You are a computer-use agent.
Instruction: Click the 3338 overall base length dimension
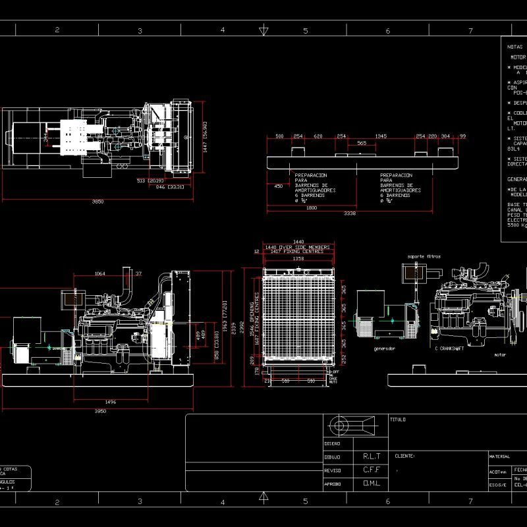pos(350,213)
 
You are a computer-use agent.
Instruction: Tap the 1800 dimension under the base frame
pos(311,208)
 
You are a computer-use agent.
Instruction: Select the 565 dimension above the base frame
pos(362,143)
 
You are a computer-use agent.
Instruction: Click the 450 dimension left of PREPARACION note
pos(278,186)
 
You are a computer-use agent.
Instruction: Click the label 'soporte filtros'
pos(424,256)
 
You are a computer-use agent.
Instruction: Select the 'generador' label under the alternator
pos(383,348)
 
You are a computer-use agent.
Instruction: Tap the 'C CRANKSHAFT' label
pos(450,348)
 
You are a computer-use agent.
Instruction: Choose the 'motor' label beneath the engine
pos(500,354)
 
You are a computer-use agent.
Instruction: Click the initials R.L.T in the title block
pos(372,456)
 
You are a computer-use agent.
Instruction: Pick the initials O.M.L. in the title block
pos(372,484)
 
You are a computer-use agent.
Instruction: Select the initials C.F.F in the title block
pos(372,470)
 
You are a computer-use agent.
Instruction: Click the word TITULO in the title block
pos(398,419)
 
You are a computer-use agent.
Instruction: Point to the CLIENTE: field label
pos(404,456)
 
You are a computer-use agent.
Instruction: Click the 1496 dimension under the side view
pos(110,401)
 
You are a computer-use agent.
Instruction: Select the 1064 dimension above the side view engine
pos(99,273)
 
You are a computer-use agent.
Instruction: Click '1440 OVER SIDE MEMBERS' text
pos(296,247)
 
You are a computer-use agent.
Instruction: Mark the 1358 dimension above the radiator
pos(298,259)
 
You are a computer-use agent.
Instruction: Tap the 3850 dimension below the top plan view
pos(97,202)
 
